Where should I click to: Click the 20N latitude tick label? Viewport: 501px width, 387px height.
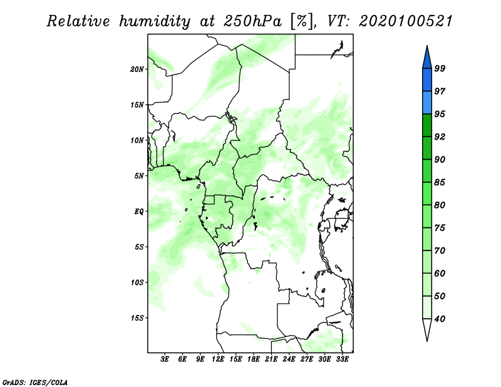[137, 70]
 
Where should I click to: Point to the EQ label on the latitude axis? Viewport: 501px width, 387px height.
[139, 212]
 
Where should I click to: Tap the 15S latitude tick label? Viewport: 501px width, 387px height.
[137, 318]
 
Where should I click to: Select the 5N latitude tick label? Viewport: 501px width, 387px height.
[139, 176]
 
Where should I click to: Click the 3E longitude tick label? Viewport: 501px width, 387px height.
[165, 359]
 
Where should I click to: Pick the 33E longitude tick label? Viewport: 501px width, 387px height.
[342, 359]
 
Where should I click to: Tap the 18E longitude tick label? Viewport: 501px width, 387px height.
[254, 359]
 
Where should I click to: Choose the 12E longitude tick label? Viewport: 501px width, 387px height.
[218, 359]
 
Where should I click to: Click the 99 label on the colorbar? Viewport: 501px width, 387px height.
[440, 68]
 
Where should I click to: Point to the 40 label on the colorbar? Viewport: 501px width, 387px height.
[440, 319]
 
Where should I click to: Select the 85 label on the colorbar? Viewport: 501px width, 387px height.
[440, 182]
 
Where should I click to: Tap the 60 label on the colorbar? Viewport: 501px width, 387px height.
[440, 273]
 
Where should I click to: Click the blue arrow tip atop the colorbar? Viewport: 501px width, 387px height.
[427, 46]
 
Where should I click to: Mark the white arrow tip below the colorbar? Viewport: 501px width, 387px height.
[427, 341]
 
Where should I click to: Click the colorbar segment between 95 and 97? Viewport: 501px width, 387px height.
[427, 103]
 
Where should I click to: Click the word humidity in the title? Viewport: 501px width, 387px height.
[155, 21]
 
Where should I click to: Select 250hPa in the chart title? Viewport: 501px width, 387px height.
[252, 21]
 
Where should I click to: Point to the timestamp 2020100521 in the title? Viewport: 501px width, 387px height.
[406, 21]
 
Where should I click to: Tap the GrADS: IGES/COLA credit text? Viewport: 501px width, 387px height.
[35, 382]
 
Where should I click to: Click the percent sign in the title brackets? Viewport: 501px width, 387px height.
[301, 21]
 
